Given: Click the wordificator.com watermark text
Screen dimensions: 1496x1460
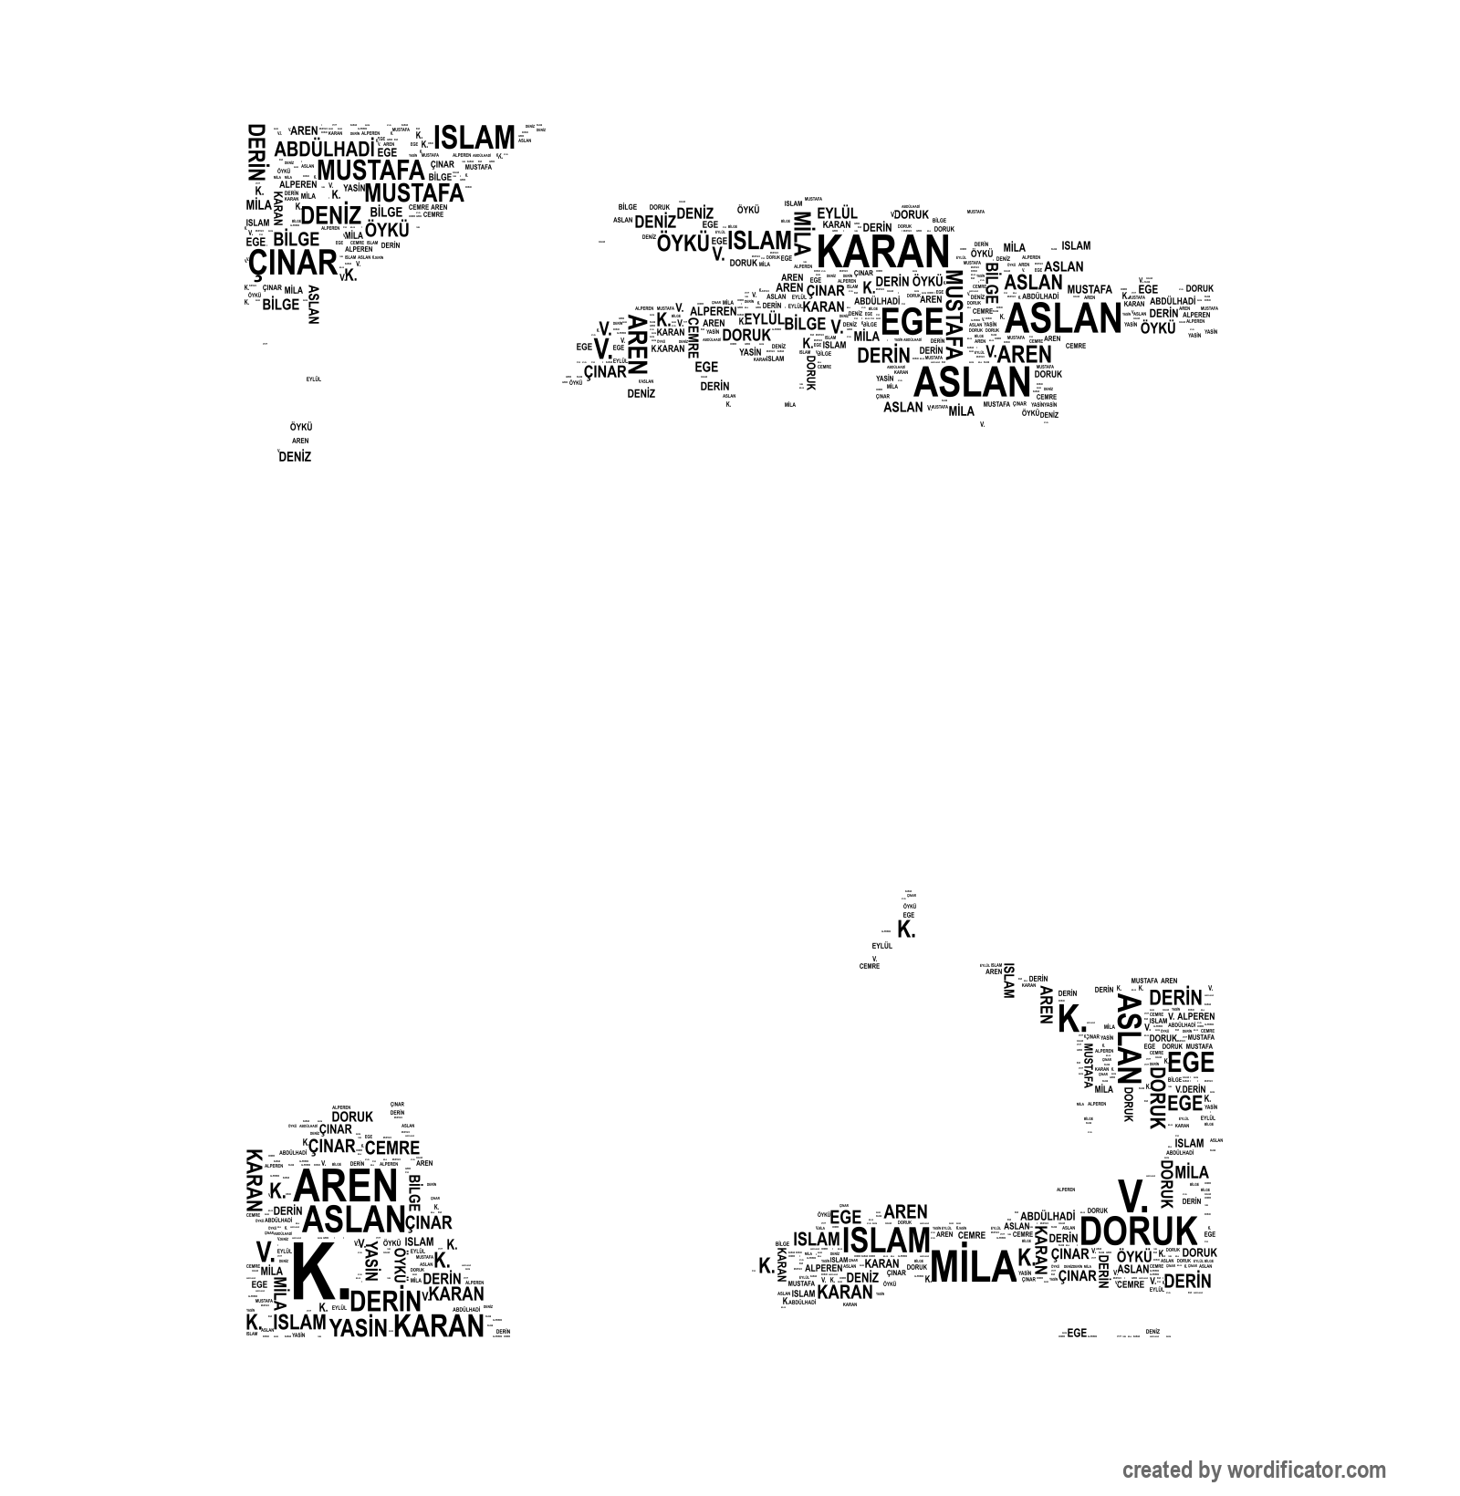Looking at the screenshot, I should pos(1254,1470).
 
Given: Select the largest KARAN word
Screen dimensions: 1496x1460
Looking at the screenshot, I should pos(882,253).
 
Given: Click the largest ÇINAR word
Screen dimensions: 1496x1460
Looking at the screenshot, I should pos(293,264).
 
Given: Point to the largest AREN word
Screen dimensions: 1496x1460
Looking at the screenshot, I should pos(347,1186).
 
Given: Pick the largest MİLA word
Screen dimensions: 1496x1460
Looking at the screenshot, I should pos(973,1266).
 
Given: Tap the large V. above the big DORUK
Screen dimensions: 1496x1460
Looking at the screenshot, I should pos(1131,1195).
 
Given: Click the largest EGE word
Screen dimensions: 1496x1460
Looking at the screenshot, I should pos(912,322).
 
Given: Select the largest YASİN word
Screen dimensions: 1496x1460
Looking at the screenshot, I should pos(358,1327).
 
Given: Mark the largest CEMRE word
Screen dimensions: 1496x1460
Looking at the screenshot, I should pos(392,1148).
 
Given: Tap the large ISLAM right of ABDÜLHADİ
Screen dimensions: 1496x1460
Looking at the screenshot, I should pos(474,138).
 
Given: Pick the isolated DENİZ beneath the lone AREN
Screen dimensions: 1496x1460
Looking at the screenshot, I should pos(295,457).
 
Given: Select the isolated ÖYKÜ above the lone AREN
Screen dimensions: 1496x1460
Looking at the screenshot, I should pos(301,426).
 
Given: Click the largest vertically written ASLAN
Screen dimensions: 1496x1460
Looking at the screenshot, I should pos(1129,1037).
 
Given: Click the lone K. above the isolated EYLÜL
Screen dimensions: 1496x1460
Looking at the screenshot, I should pos(906,930).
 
